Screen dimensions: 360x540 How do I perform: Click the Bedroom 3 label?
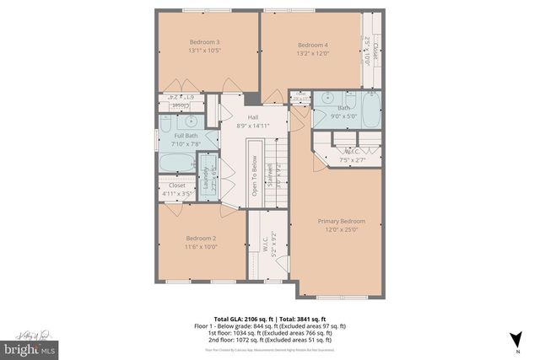coord(205,42)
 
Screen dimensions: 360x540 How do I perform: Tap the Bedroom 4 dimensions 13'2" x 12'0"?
coord(313,54)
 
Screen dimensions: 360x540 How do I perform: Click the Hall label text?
coord(253,117)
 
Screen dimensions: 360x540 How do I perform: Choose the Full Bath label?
coord(187,136)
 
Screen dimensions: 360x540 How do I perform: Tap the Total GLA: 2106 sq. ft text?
coord(243,319)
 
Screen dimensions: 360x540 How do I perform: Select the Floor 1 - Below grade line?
coord(270,325)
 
